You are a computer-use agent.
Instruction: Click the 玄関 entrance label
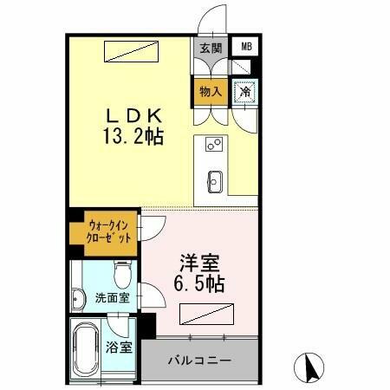[x=211, y=49]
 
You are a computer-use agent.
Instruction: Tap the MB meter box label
[x=247, y=48]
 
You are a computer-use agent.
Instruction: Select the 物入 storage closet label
[x=211, y=90]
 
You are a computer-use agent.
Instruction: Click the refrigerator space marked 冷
[x=246, y=90]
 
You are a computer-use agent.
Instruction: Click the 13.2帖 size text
[x=134, y=137]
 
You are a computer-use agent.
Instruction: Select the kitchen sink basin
[x=215, y=181]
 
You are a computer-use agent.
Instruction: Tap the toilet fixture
[x=122, y=276]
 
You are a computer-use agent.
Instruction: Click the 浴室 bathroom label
[x=120, y=348]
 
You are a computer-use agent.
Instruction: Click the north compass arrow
[x=308, y=367]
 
